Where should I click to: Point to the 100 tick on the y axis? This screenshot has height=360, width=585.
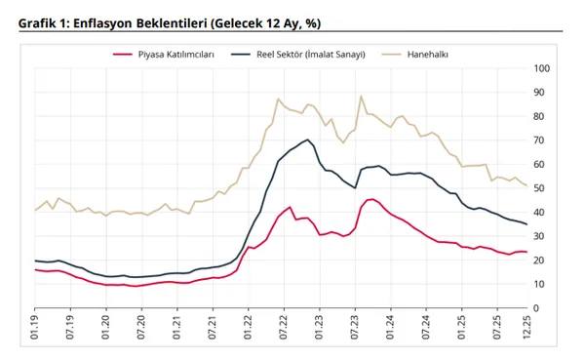(x=543, y=68)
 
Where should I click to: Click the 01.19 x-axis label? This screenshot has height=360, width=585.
(x=35, y=328)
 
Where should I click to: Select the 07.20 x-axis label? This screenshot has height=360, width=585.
(x=141, y=328)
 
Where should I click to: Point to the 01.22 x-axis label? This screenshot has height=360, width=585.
(x=248, y=328)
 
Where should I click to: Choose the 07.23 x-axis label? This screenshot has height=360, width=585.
(x=354, y=328)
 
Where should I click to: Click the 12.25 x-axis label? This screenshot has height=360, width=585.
(x=526, y=328)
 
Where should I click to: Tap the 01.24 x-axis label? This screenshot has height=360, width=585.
(x=389, y=328)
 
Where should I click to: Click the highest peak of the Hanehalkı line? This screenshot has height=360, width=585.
(x=361, y=97)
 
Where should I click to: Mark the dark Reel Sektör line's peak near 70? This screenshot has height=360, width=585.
(x=308, y=140)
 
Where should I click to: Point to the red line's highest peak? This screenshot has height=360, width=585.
(x=371, y=199)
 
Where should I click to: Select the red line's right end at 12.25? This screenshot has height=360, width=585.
(x=526, y=252)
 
